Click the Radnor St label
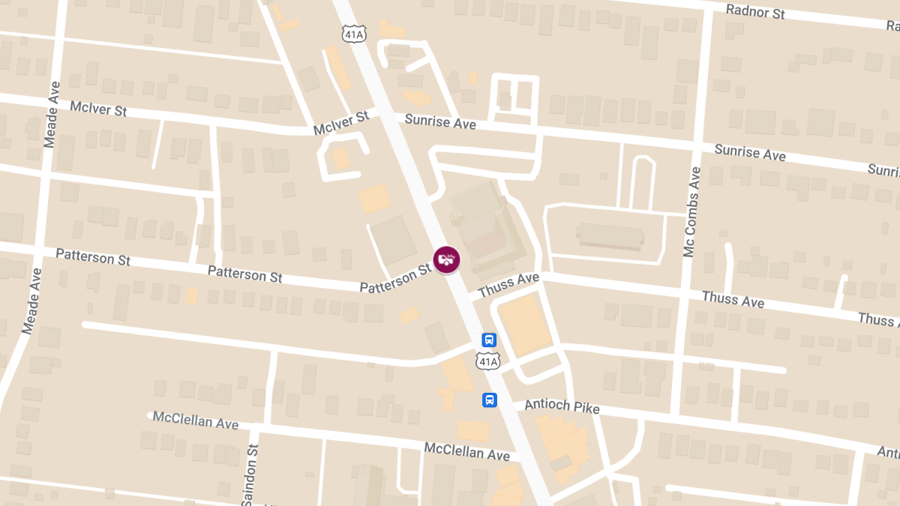click(x=755, y=11)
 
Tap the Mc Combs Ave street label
click(x=691, y=212)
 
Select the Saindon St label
click(x=253, y=473)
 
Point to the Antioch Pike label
click(x=562, y=406)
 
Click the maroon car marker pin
click(x=446, y=259)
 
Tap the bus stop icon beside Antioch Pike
click(x=489, y=400)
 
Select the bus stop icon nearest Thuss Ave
click(x=489, y=340)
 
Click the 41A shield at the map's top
click(x=354, y=34)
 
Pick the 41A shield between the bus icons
click(x=487, y=362)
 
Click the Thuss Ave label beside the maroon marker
click(x=508, y=284)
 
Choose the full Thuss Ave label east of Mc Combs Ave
click(x=733, y=299)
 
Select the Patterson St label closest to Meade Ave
click(x=93, y=257)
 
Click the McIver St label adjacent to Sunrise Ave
click(x=342, y=122)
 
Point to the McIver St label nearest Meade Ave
click(x=98, y=109)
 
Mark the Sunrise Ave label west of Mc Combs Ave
click(x=440, y=121)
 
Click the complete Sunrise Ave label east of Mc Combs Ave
click(x=750, y=152)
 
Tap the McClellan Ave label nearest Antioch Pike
click(x=466, y=451)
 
